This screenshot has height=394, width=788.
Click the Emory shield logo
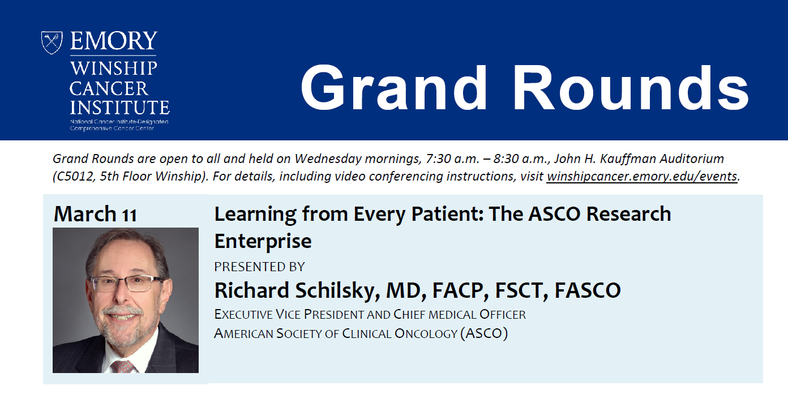pos(52,42)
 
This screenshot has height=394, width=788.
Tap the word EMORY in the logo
pos(114,41)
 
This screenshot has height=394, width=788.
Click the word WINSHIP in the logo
pos(113,68)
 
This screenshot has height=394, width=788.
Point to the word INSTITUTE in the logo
pos(119,108)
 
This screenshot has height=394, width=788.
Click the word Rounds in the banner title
pos(631,88)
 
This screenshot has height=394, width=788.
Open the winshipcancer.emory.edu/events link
pos(642,176)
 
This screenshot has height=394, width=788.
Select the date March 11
pos(95,214)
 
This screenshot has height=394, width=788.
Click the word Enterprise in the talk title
pos(263,242)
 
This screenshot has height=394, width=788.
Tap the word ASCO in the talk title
pos(554,214)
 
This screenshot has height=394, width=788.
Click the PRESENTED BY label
pos(259,267)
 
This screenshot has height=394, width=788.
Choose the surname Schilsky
pos(337,291)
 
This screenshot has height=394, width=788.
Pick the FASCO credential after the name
pos(588,290)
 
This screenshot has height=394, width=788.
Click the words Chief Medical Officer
pos(460,314)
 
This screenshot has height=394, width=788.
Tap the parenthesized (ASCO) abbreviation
pos(484,333)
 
